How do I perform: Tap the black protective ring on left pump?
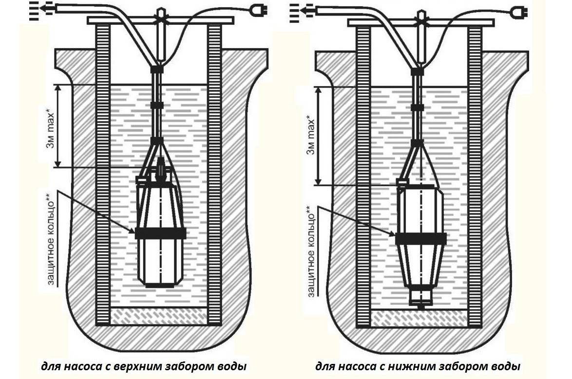tap(160, 233)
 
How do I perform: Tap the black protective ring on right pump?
tap(420, 238)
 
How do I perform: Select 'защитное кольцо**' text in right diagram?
tap(311, 251)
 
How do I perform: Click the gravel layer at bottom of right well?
tap(420, 319)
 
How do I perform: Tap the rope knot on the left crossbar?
tap(160, 22)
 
